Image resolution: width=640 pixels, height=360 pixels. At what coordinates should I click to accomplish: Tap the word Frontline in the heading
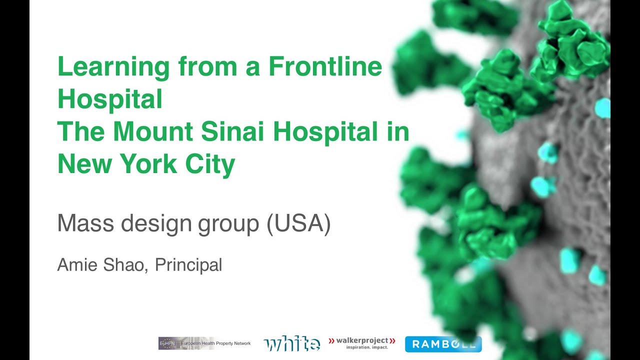click(x=325, y=66)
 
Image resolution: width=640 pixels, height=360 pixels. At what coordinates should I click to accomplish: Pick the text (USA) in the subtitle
click(x=298, y=224)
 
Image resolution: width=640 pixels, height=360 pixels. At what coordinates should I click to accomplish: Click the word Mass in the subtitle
click(x=86, y=224)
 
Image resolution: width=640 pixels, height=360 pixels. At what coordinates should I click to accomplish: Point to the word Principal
click(x=188, y=265)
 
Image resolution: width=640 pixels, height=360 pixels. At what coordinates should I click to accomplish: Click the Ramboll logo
click(x=443, y=344)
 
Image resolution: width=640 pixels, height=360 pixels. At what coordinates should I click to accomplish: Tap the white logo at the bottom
click(x=292, y=344)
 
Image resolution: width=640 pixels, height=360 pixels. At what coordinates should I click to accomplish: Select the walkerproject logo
click(x=362, y=342)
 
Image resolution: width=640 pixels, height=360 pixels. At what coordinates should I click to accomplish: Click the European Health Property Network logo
click(x=205, y=343)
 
